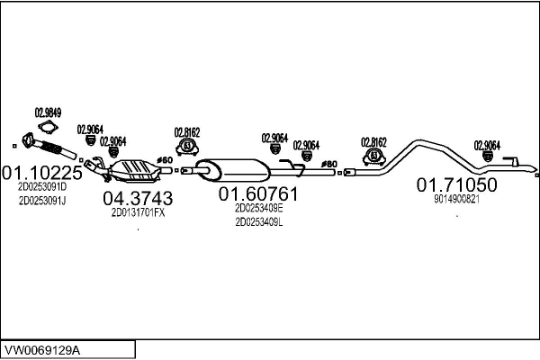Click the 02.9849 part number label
pos(48,112)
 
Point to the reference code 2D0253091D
pos(42,186)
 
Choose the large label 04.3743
pos(138,198)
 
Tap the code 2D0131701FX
pos(138,213)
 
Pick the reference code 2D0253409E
pos(258,207)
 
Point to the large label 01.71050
pos(456,184)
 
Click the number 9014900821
pos(456,199)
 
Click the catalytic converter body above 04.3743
pos(133,168)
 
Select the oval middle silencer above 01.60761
pos(237,168)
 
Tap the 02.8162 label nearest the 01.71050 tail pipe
pos(373,141)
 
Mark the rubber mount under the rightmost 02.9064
pos(487,158)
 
